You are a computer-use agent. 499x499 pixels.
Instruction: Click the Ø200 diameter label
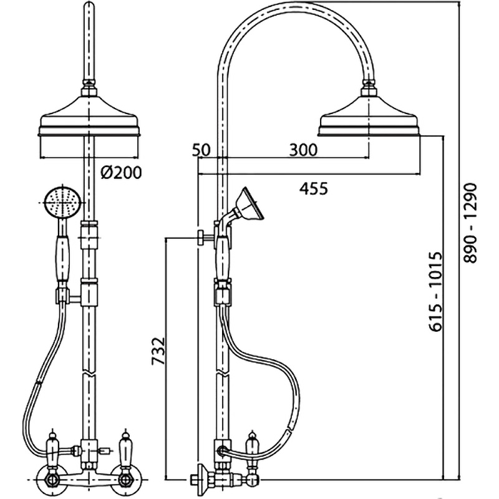[120, 172]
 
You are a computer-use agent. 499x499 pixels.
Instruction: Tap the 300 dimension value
[303, 150]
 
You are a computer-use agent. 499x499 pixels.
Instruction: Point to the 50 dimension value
[201, 150]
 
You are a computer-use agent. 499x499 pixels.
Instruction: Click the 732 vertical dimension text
[158, 351]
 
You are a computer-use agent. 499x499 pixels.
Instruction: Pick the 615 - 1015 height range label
[436, 293]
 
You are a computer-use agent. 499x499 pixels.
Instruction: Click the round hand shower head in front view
[61, 203]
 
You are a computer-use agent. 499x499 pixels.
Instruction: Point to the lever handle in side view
[253, 450]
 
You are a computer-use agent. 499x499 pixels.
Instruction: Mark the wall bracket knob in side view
[201, 237]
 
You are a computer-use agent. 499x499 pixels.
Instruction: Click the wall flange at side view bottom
[198, 480]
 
